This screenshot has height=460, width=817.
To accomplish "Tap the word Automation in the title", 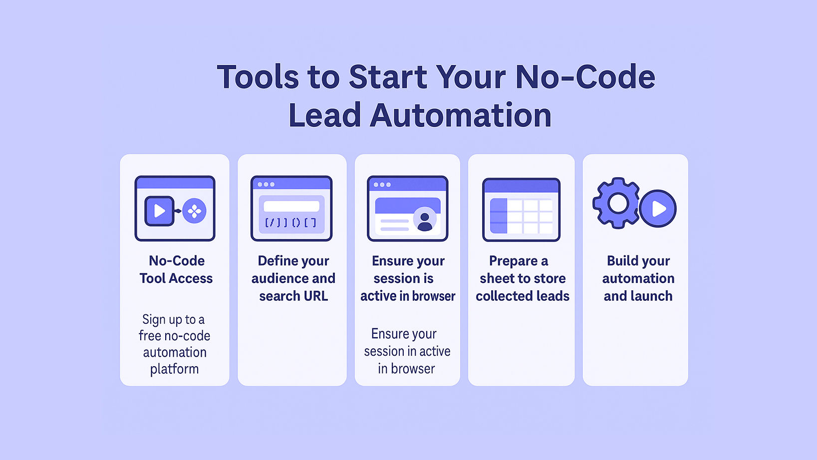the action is pyautogui.click(x=461, y=115).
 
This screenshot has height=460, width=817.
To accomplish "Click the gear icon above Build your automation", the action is pyautogui.click(x=617, y=203).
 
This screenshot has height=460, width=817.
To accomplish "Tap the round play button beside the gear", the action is pyautogui.click(x=658, y=209).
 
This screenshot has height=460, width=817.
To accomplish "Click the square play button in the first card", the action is pyautogui.click(x=159, y=211).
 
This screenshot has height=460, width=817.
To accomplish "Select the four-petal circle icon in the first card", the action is pyautogui.click(x=195, y=211).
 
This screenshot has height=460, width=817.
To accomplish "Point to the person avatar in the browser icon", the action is pyautogui.click(x=425, y=220).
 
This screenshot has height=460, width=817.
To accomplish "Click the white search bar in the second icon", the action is pyautogui.click(x=291, y=207).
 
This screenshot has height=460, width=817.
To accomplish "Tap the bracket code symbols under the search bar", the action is pyautogui.click(x=290, y=223).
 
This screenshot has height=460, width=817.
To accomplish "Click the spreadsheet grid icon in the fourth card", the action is pyautogui.click(x=521, y=210).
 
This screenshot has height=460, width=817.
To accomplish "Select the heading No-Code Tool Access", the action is pyautogui.click(x=176, y=269).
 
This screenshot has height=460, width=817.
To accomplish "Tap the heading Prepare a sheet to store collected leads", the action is pyautogui.click(x=523, y=278).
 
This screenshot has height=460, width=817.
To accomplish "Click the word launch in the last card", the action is pyautogui.click(x=651, y=296).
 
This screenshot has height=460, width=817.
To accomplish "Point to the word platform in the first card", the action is pyautogui.click(x=174, y=369).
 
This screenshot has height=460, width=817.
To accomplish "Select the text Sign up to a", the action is pyautogui.click(x=173, y=320).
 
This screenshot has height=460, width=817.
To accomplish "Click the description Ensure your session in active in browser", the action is pyautogui.click(x=407, y=351).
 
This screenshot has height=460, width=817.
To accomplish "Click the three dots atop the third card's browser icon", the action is pyautogui.click(x=382, y=185).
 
